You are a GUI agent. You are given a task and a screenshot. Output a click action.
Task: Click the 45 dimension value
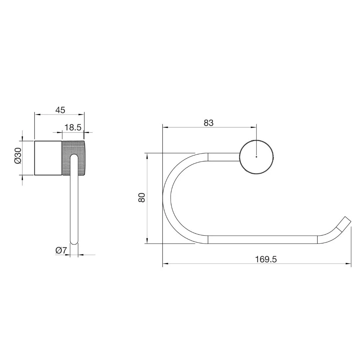[x=60, y=110]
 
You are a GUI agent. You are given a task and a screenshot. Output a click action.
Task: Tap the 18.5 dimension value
[x=73, y=127]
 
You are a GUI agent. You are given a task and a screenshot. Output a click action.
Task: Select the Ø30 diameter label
[x=18, y=155]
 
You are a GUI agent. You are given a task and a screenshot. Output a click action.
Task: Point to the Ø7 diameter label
[x=61, y=250]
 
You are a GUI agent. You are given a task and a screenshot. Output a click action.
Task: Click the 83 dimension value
[x=208, y=123]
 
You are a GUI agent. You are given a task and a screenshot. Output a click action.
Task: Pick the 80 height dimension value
[x=142, y=197]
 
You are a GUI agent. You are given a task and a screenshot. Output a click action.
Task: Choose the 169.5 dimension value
[x=266, y=259]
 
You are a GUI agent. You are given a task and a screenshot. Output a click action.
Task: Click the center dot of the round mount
[x=256, y=157]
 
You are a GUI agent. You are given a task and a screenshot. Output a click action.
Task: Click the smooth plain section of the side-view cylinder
[x=48, y=158]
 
